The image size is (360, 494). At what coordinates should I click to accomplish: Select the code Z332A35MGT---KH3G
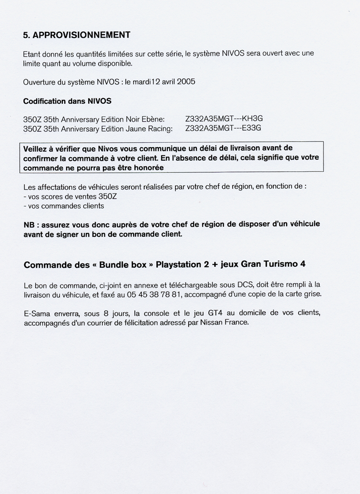[224, 119]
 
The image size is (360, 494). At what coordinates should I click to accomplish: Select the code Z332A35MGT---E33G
[223, 128]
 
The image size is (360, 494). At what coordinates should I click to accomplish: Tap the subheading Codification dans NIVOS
[67, 101]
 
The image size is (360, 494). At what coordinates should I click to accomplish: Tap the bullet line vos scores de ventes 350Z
[65, 196]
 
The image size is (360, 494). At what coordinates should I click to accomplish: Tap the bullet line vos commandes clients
[64, 206]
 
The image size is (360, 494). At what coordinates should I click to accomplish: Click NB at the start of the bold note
[29, 224]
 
